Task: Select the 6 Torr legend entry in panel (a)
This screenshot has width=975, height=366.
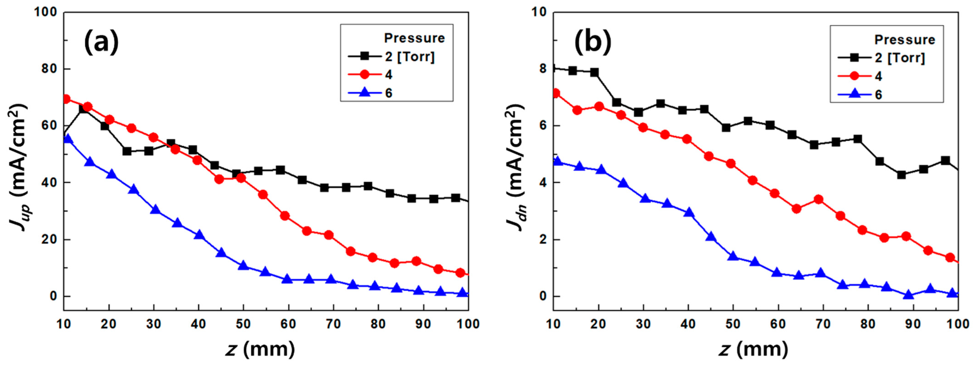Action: [x=388, y=93]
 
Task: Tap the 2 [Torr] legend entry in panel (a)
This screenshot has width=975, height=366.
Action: [x=410, y=56]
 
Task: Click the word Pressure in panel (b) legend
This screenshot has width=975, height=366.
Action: [x=905, y=39]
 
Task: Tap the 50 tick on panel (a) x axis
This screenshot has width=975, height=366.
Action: [x=243, y=324]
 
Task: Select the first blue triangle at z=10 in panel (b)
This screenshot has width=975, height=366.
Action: [x=557, y=161]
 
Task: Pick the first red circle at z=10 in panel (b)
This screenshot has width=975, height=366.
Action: [x=556, y=93]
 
